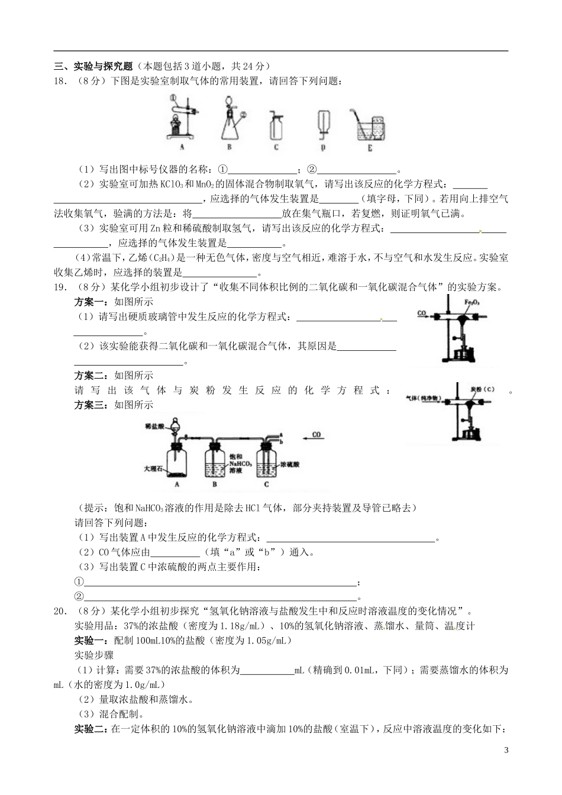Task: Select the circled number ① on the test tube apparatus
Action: [x=172, y=98]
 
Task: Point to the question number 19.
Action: [x=59, y=288]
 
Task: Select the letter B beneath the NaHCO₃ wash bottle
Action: [x=215, y=484]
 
